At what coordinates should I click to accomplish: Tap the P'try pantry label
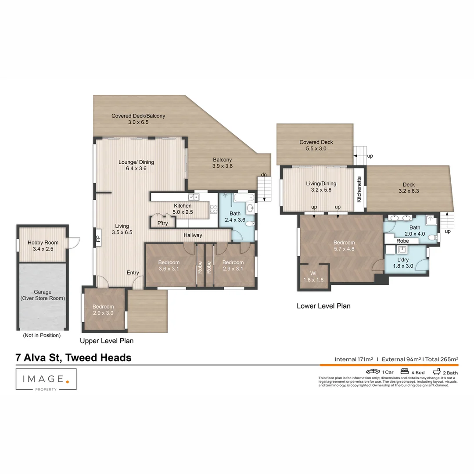point(163,223)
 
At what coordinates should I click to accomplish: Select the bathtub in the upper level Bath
point(244,197)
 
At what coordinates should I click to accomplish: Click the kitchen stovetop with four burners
point(214,209)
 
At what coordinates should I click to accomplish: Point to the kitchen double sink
point(194,197)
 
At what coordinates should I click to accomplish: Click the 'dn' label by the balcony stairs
point(264,175)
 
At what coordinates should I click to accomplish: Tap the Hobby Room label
point(43,242)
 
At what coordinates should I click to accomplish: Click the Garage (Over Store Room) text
point(43,295)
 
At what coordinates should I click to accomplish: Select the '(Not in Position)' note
point(42,335)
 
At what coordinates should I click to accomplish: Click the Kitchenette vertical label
point(359,190)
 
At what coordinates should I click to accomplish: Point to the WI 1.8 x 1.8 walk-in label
point(313,276)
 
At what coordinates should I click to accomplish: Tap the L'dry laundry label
point(403,260)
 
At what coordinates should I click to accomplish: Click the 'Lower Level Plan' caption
point(323,306)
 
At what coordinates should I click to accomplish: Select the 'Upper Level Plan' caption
point(107,341)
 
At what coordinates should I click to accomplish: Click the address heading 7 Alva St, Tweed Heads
point(73,358)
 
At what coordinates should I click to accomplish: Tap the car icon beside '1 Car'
point(373,372)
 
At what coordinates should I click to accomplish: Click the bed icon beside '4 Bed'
point(405,371)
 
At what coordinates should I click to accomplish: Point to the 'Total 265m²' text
point(442,359)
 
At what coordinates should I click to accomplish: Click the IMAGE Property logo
point(46,379)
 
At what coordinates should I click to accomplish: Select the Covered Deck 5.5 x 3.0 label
point(316,145)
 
